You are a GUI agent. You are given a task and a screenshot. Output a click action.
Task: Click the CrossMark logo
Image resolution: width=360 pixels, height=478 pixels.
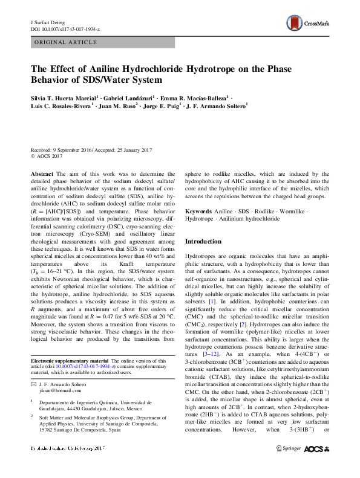click(309, 23)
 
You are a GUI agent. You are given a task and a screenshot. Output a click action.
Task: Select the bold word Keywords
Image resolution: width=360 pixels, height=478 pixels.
click(198, 212)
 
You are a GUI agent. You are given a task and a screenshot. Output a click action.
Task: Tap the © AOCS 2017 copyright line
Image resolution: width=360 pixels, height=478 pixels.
click(49, 155)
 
